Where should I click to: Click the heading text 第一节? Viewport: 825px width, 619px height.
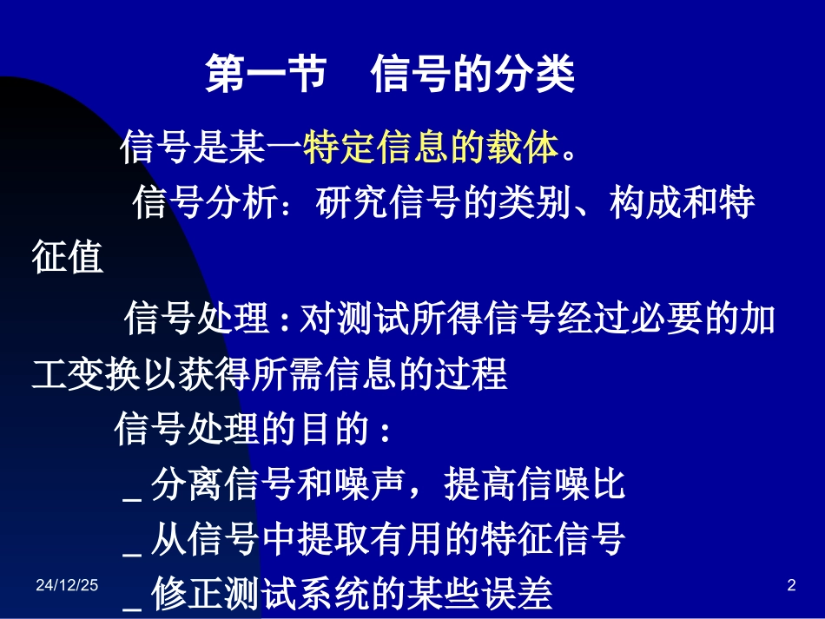click(x=265, y=76)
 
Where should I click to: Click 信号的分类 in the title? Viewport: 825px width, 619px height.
click(x=472, y=76)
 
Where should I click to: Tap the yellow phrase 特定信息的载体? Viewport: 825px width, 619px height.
click(x=431, y=148)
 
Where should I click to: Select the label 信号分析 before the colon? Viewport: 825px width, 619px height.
click(x=205, y=204)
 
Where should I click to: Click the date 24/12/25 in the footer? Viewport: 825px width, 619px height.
click(x=67, y=587)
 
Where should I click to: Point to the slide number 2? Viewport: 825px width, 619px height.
click(x=790, y=587)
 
